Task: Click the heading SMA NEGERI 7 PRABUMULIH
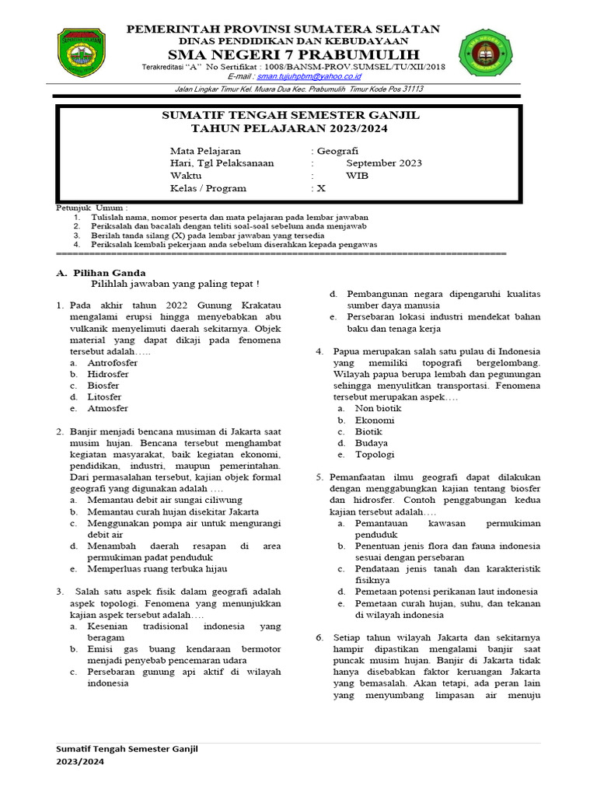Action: coord(288,54)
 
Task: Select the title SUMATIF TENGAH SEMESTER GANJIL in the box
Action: coord(290,115)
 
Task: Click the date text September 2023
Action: coord(384,163)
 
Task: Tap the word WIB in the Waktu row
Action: coord(357,176)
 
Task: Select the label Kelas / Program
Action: coord(208,188)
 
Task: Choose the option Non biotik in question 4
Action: coord(379,408)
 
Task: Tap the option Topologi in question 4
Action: coord(375,454)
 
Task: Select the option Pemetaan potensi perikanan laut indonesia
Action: coord(447,592)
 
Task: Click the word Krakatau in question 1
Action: coord(255,306)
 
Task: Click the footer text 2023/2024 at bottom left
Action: coord(81,762)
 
